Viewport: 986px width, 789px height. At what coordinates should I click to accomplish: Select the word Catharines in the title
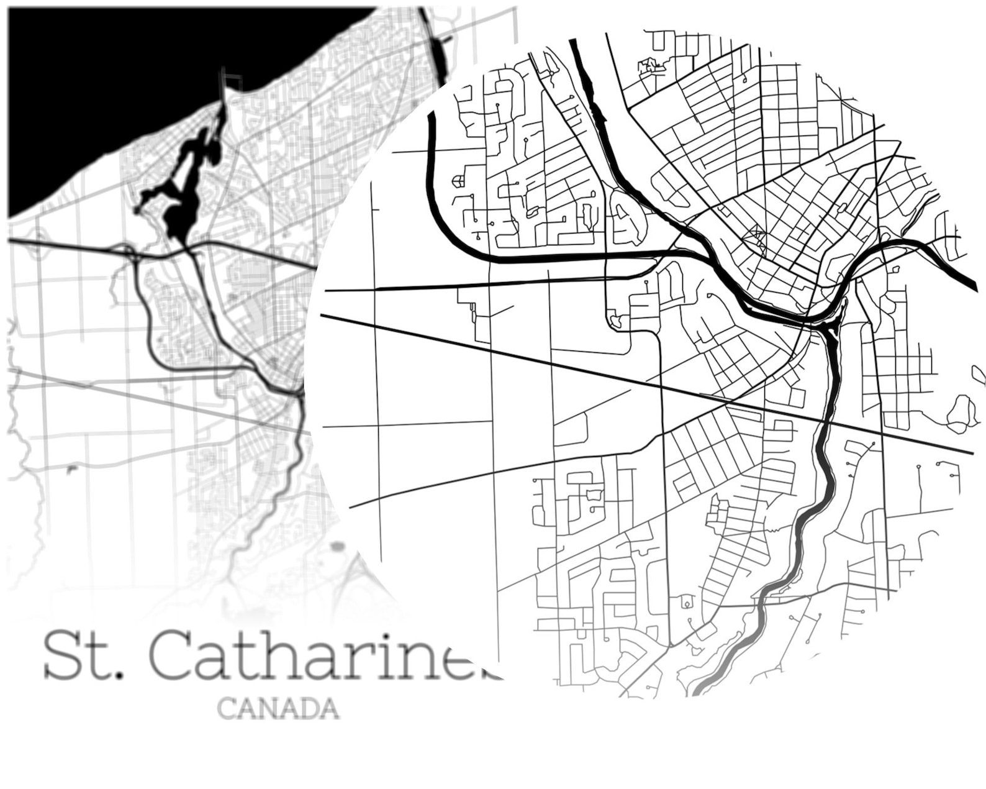coord(323,656)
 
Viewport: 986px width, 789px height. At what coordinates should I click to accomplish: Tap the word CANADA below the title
coord(279,708)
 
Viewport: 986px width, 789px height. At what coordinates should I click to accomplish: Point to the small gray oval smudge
coord(337,547)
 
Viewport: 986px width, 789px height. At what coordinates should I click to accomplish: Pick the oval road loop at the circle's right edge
coord(961,413)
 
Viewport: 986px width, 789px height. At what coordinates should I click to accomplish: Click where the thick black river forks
coord(829,323)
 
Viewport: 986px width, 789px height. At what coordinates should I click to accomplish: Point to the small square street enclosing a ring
coord(687,602)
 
